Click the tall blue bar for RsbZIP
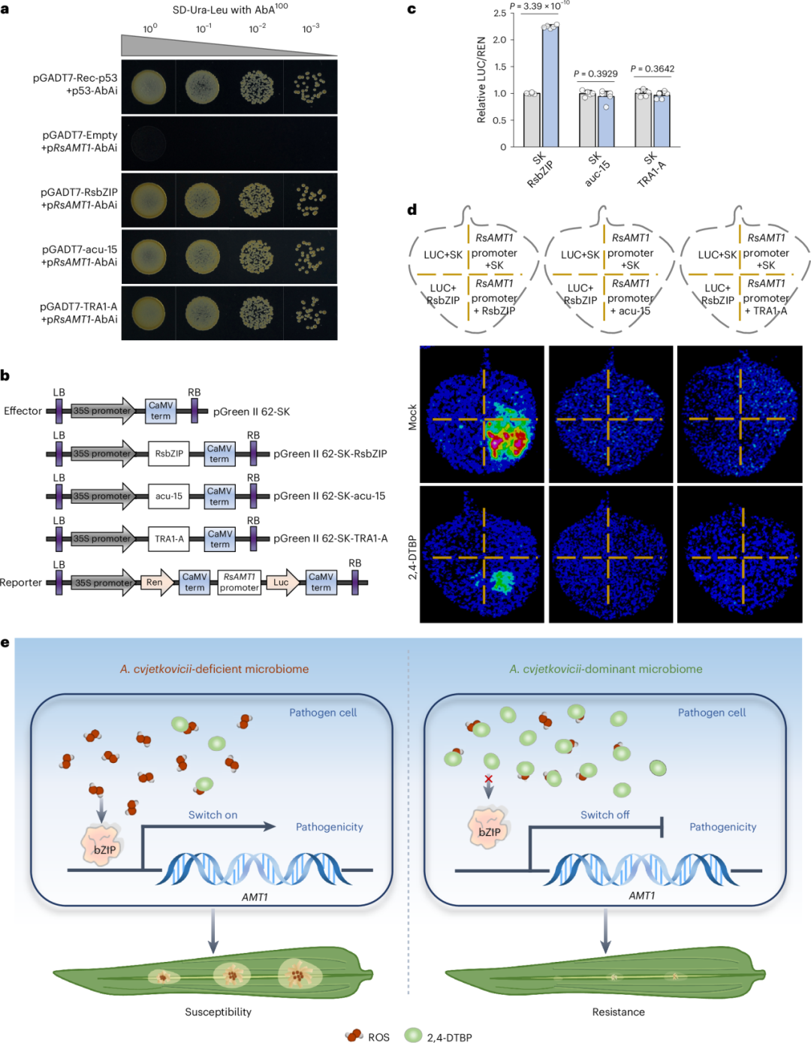[x=550, y=86]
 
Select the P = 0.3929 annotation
[x=595, y=74]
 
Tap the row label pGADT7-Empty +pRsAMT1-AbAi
[x=80, y=141]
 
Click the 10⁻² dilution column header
[x=258, y=29]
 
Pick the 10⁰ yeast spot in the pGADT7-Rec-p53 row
[x=149, y=87]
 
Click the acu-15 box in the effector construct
[x=169, y=496]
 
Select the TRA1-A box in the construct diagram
[x=169, y=539]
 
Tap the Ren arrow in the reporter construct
[x=155, y=583]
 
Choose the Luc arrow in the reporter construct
[x=282, y=583]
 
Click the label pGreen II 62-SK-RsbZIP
[x=330, y=454]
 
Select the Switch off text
[x=604, y=815]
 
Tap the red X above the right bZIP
[x=489, y=779]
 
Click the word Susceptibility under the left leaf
[x=218, y=1011]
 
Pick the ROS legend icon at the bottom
[x=354, y=1036]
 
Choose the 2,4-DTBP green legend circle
[x=413, y=1035]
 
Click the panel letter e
[x=6, y=643]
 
